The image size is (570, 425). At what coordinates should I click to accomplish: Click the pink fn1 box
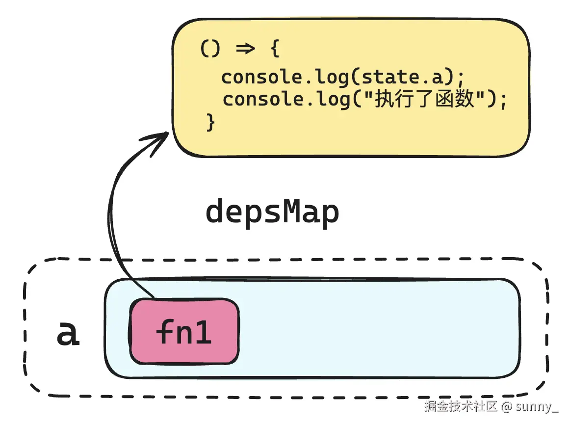[184, 332]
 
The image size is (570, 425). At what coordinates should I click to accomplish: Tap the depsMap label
[272, 212]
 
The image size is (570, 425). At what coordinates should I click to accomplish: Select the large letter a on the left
[68, 333]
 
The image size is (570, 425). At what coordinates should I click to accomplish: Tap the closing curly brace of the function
[210, 122]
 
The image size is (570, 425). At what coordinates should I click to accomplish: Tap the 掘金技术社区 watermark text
[461, 407]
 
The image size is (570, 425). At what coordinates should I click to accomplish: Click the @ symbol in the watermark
[507, 407]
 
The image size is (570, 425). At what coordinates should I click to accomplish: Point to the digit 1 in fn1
[205, 332]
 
